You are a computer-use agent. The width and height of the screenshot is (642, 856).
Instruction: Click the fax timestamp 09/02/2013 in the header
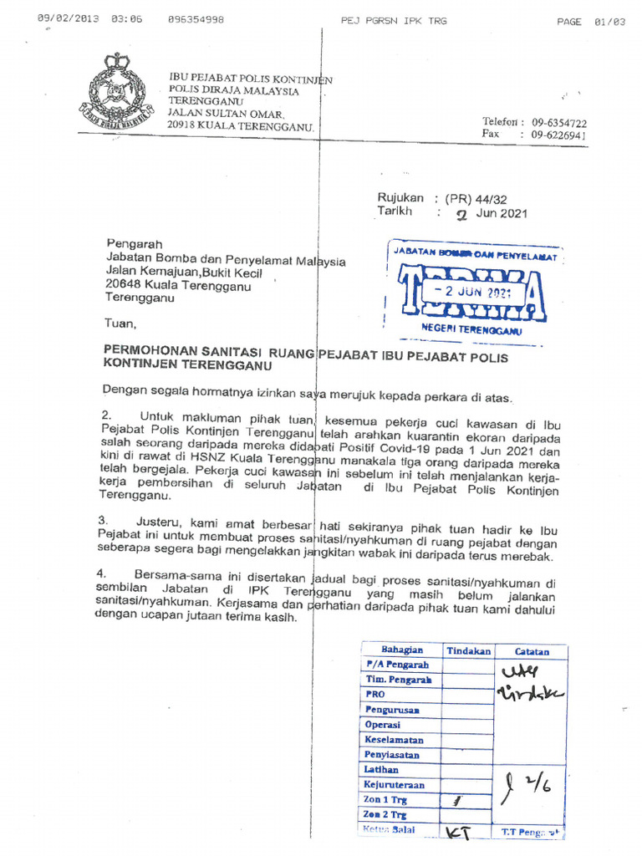67,19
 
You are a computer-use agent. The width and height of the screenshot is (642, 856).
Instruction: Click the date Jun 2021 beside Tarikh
501,213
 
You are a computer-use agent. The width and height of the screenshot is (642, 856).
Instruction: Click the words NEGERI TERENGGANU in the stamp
471,330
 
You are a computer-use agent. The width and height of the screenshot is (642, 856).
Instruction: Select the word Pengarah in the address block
129,244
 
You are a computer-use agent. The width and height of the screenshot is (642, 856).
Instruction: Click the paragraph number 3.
102,520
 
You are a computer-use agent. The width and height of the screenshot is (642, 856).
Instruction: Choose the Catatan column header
532,651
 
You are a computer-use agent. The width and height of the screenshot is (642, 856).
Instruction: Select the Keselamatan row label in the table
394,740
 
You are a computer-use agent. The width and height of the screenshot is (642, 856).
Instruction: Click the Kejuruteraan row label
395,785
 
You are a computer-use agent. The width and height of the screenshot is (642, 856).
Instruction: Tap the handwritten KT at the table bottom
456,832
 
